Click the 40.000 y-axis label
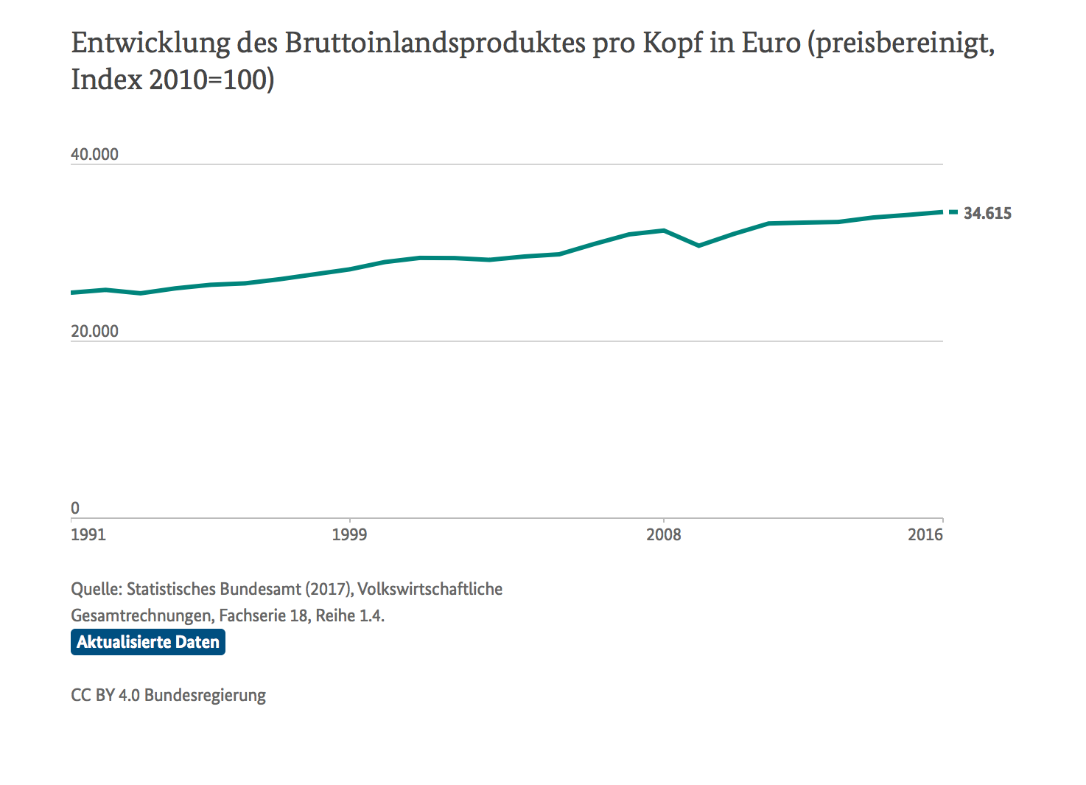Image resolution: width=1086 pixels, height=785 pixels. click(x=94, y=155)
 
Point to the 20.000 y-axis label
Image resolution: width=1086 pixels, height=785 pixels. click(x=94, y=332)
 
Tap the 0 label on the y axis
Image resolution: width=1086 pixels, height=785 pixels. click(x=75, y=508)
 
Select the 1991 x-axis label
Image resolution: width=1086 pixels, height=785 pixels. click(x=88, y=534)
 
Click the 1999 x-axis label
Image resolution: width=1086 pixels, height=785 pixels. click(x=349, y=534)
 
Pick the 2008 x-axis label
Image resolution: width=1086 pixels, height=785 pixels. click(x=664, y=534)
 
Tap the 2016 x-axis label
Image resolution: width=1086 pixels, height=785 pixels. click(x=925, y=534)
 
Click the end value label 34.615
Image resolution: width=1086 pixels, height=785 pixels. click(x=987, y=214)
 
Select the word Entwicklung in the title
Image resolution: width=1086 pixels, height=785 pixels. click(x=150, y=43)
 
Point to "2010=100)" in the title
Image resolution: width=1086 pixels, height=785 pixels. click(x=211, y=80)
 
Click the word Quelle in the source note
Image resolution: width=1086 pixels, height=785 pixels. click(x=96, y=589)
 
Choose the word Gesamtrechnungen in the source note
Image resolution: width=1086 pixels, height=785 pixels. click(x=141, y=615)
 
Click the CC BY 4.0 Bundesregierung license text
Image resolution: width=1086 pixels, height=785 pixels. click(x=168, y=695)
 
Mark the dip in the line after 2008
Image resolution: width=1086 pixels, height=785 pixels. click(x=698, y=245)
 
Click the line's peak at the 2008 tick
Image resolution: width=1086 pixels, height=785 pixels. click(x=664, y=231)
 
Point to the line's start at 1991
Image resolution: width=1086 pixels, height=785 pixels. click(x=72, y=293)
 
